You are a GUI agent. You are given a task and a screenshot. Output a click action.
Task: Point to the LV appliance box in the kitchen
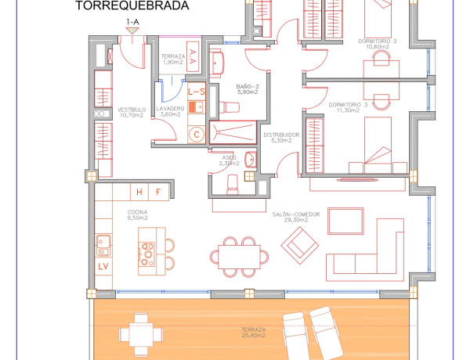tap(103, 266)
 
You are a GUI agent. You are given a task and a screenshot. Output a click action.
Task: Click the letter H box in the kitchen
tap(139, 191)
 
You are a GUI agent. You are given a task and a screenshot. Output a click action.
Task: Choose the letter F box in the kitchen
tap(157, 191)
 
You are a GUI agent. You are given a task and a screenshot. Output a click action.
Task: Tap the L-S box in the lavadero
tap(196, 92)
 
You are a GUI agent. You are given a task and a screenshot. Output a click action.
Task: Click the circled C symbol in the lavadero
tap(197, 134)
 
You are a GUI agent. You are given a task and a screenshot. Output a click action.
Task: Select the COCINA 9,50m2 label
tap(138, 214)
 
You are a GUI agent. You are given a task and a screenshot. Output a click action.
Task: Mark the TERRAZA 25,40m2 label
tap(255, 333)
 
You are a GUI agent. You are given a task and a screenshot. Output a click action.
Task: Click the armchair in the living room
tap(302, 248)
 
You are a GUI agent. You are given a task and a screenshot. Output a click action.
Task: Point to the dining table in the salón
tap(239, 255)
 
